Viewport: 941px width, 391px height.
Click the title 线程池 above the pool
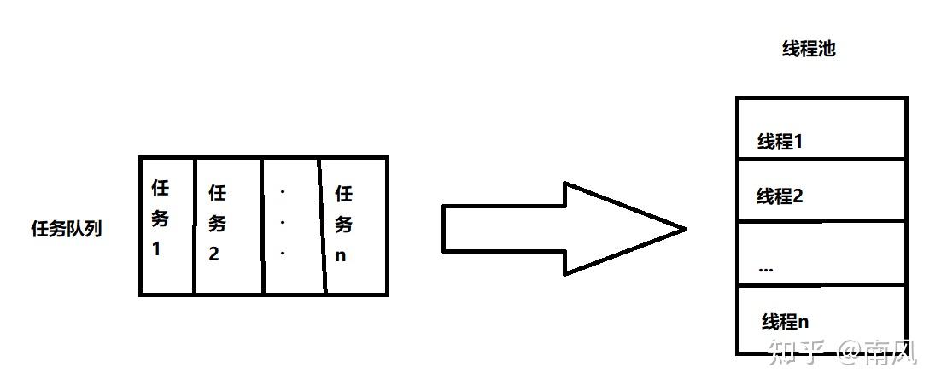click(808, 50)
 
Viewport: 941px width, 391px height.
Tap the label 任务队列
click(66, 229)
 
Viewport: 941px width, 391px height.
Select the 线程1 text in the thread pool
click(780, 142)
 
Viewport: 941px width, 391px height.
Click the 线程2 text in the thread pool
click(780, 196)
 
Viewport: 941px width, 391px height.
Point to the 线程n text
click(785, 322)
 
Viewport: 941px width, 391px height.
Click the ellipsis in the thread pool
click(765, 268)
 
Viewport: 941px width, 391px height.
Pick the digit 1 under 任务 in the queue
click(157, 250)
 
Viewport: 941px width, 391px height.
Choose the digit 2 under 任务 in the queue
click(214, 254)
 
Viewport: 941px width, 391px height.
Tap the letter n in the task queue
click(341, 255)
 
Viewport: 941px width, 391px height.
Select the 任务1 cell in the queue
click(167, 225)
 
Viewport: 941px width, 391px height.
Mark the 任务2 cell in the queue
click(228, 225)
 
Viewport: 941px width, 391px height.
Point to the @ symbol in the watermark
click(849, 351)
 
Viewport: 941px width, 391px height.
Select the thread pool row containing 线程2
click(821, 190)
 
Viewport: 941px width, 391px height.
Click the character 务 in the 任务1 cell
click(160, 218)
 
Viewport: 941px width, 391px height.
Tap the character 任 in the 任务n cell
click(343, 194)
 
